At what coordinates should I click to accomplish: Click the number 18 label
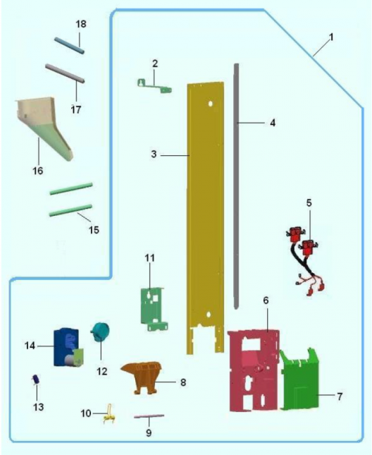point(81,24)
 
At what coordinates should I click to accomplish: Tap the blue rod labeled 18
point(70,46)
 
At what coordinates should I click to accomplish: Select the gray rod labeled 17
point(66,73)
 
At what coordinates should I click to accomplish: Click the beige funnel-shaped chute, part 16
point(44,128)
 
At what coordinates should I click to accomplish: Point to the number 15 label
point(94,230)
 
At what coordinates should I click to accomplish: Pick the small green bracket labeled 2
point(154,86)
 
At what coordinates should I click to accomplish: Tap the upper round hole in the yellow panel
point(211,103)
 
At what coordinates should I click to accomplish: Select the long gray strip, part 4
point(237,186)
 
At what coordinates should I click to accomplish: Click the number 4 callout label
point(273,123)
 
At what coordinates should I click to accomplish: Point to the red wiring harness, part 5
point(304,260)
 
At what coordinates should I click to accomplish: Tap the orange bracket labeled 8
point(142,377)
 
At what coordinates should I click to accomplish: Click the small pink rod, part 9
point(149,416)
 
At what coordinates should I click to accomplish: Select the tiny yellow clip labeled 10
point(109,414)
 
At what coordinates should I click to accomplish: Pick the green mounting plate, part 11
point(153,309)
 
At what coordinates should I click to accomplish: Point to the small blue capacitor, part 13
point(36,380)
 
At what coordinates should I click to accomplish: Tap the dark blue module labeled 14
point(68,347)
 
